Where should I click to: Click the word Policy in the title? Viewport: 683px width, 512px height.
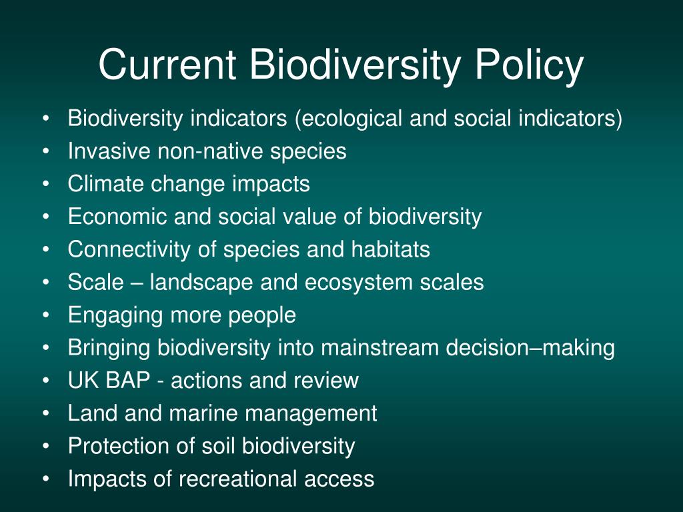(529, 65)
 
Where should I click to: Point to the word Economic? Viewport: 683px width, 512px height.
(117, 217)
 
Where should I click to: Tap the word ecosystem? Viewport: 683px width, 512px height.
(358, 283)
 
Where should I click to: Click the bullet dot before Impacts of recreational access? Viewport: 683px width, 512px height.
(46, 479)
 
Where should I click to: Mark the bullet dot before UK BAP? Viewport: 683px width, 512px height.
(46, 381)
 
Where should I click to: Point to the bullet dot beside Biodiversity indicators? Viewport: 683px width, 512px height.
(46, 119)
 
